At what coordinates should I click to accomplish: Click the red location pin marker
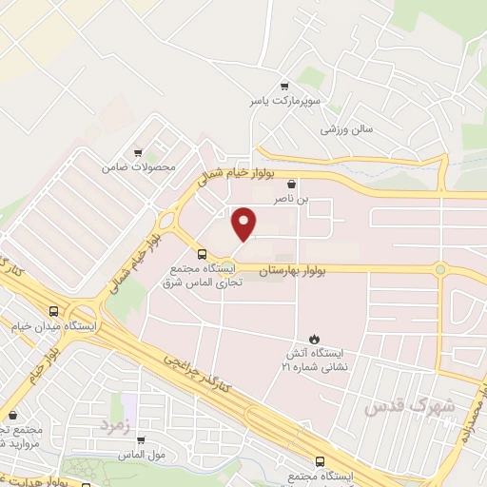(245, 224)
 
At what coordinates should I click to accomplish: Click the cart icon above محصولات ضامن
(139, 152)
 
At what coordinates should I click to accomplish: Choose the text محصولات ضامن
(140, 167)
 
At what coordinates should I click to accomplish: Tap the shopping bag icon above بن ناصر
(291, 185)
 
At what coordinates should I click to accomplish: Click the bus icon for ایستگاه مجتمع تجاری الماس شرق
(201, 254)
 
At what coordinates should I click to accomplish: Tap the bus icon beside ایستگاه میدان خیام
(53, 311)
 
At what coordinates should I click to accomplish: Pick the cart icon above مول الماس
(141, 440)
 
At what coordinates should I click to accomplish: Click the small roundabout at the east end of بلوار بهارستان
(440, 269)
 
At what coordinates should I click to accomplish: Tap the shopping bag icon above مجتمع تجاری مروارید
(12, 415)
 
